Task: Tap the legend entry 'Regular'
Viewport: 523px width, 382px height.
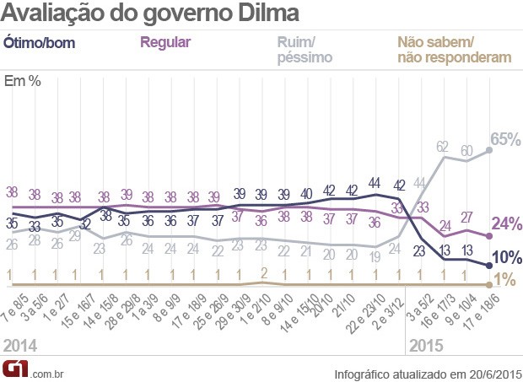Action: coord(165,42)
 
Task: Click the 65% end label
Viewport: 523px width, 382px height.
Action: coord(507,140)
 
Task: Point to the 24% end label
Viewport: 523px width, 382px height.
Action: coord(508,223)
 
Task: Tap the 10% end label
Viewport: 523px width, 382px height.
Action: coord(508,257)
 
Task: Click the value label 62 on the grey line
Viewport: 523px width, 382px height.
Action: coord(443,147)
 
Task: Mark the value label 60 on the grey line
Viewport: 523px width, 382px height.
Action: coord(466,151)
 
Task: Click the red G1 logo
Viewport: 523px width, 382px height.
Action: coord(15,369)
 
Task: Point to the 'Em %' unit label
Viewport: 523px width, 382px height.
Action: coord(23,82)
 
